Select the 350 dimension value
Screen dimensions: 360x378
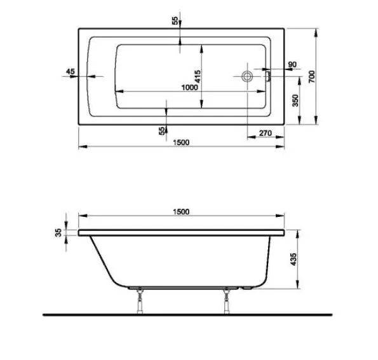[x=296, y=100]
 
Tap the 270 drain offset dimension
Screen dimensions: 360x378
[x=266, y=132]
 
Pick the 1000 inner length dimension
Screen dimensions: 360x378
[x=189, y=87]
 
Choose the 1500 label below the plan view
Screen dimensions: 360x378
[x=181, y=142]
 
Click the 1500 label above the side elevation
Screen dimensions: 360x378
[x=181, y=212]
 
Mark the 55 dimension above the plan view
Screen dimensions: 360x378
[x=175, y=20]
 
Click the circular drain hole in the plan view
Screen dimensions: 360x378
[x=247, y=76]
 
